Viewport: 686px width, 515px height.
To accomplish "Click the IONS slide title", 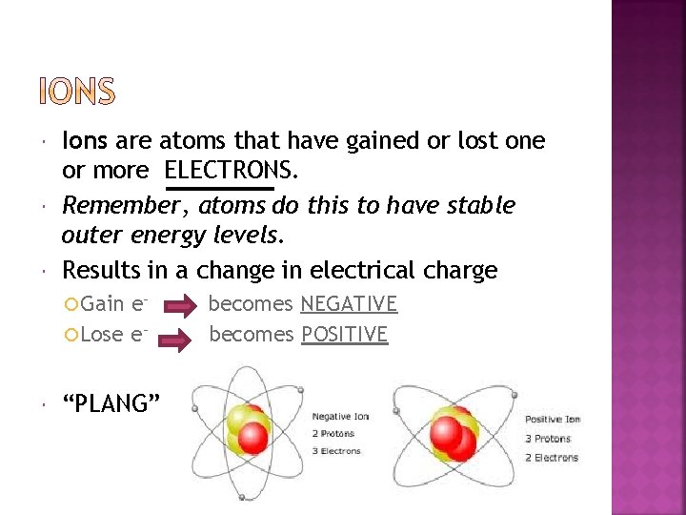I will (x=76, y=92).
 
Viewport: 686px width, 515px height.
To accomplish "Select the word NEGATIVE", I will (x=348, y=304).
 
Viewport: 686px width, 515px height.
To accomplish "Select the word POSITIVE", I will (x=344, y=335).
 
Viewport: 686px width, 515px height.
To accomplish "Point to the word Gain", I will (x=103, y=304).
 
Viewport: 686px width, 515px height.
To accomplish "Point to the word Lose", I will (x=103, y=335).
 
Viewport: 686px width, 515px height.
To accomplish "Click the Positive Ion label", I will (x=552, y=420).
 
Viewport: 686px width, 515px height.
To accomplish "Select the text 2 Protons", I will (x=335, y=434).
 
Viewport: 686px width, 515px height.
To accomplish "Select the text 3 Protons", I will (x=547, y=439).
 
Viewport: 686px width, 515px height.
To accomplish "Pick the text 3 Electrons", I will (x=340, y=451).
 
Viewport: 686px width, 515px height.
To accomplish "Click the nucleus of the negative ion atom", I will (x=245, y=427).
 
